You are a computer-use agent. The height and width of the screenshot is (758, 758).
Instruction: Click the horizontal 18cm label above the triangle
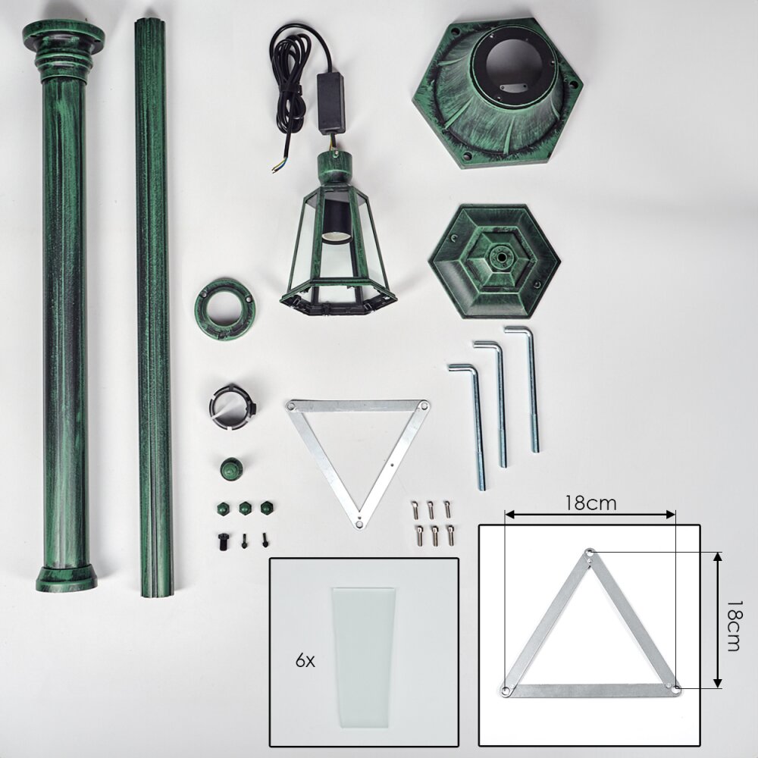point(591,503)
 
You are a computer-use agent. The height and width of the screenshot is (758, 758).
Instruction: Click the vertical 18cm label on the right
point(733,626)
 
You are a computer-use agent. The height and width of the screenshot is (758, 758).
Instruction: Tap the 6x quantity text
point(305,660)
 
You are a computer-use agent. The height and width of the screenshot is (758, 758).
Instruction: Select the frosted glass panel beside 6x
point(363,658)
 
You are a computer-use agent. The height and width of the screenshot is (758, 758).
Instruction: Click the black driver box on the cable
point(330,103)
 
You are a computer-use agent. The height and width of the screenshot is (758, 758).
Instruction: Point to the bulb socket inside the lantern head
point(334,221)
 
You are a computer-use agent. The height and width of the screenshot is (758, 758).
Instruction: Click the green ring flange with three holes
point(225,309)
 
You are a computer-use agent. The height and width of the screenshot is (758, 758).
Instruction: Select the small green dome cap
point(231,468)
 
